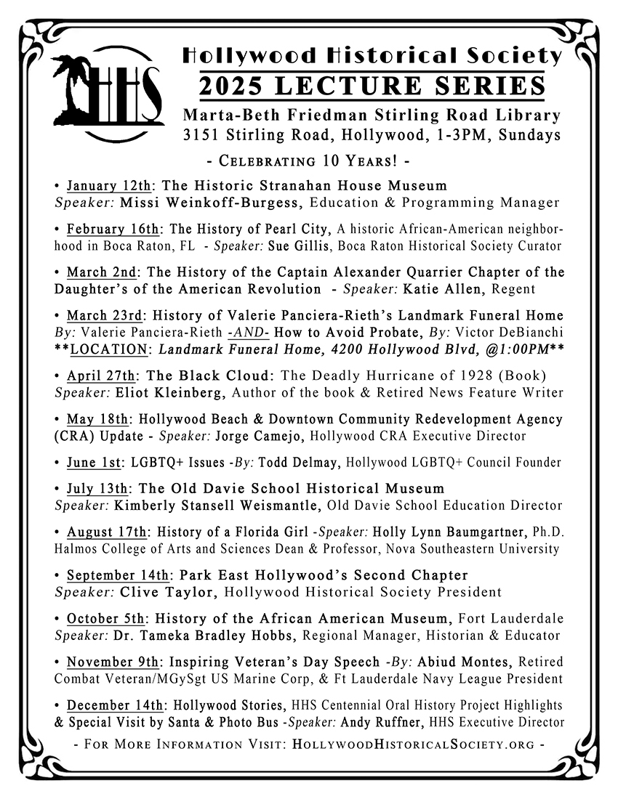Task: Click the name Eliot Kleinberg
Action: pos(157,392)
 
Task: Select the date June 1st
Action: pos(93,462)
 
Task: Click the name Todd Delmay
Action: pos(297,462)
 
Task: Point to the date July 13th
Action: pos(95,488)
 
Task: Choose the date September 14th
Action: pos(115,575)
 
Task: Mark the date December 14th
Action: pos(111,705)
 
